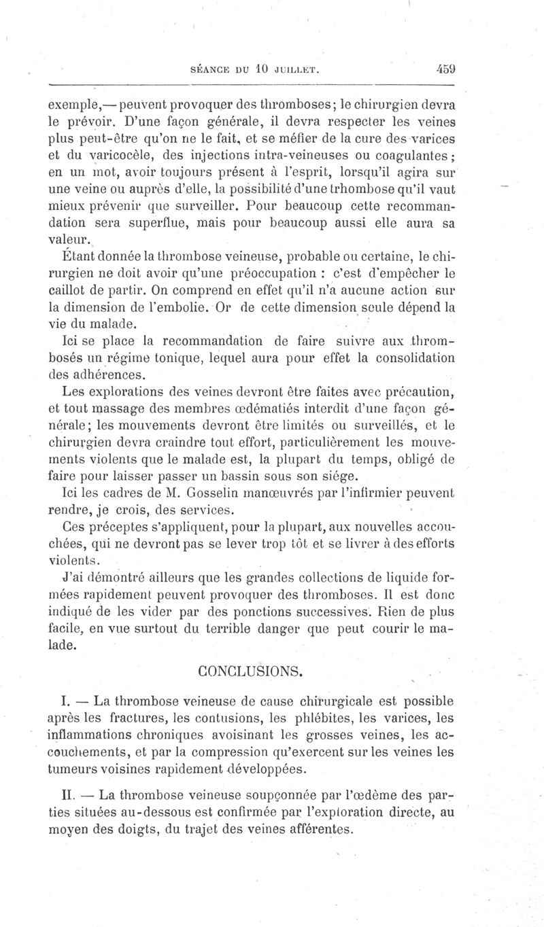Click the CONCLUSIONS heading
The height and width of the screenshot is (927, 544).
[250, 671]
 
